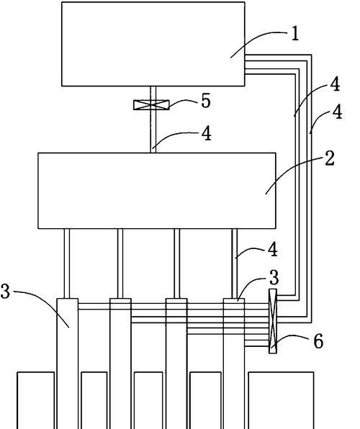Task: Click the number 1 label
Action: (294, 35)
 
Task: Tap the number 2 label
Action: (330, 158)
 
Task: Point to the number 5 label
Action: (206, 100)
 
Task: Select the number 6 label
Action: (318, 342)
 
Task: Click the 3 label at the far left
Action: (5, 291)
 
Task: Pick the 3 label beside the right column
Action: (274, 278)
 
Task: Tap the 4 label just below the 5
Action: (207, 134)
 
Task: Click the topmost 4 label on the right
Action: (335, 84)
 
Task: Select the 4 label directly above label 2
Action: (337, 112)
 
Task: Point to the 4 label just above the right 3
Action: (273, 250)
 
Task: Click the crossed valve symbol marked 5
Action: (151, 105)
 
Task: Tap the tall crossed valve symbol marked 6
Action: (273, 321)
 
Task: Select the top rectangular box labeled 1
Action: (153, 44)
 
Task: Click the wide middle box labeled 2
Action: (157, 191)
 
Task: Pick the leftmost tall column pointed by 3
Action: (68, 363)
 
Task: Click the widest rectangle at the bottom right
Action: (281, 400)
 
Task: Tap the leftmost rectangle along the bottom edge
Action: (36, 400)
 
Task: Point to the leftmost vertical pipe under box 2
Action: (67, 263)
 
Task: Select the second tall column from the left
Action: (120, 363)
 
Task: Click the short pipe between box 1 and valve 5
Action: (153, 94)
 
